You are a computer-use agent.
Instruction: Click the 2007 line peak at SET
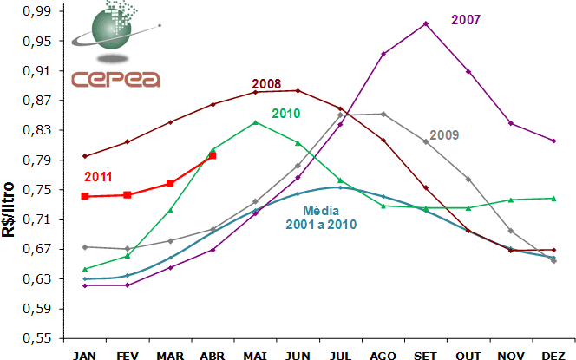click(426, 23)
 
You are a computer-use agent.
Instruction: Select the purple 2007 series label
click(467, 18)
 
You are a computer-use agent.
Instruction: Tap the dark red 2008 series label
click(265, 84)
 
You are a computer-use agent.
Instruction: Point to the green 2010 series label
click(286, 114)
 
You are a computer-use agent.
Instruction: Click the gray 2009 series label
click(443, 135)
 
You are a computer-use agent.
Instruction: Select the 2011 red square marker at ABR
click(213, 155)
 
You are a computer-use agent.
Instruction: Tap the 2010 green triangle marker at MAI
click(255, 122)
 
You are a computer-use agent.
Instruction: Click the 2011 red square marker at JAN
click(85, 196)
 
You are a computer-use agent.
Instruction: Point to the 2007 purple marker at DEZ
click(553, 141)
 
